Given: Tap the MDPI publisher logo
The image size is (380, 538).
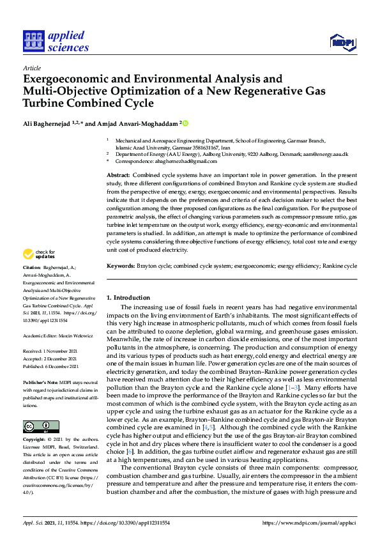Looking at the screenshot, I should (x=342, y=42).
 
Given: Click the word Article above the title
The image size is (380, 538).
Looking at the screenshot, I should (x=31, y=68).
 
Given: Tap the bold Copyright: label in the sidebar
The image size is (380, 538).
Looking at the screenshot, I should (x=35, y=441).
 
